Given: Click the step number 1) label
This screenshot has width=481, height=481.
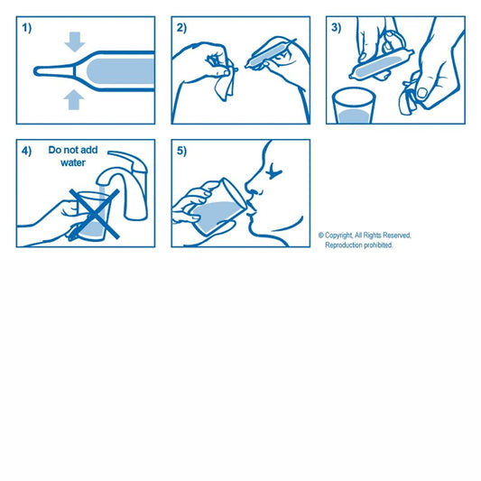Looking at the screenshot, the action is (x=27, y=28).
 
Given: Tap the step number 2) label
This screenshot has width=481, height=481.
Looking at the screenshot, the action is (x=181, y=28).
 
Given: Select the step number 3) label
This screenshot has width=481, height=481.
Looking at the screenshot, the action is (x=337, y=28).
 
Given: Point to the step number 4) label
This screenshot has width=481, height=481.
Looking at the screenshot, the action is (x=27, y=152).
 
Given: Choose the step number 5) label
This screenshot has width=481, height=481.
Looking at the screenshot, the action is (x=181, y=152).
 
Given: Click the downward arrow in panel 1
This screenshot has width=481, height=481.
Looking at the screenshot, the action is (x=75, y=42).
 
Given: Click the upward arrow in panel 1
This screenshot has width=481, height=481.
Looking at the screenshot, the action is (x=74, y=99).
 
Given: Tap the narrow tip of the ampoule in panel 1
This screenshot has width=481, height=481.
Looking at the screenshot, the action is (x=37, y=71).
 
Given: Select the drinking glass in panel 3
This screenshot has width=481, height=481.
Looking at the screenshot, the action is (x=354, y=106).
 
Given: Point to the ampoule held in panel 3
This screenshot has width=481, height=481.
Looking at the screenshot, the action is (x=382, y=64).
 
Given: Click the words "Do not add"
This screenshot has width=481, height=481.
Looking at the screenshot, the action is (x=73, y=150).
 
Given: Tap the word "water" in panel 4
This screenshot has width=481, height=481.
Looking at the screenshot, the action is (x=73, y=162).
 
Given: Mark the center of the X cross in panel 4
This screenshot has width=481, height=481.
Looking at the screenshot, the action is (x=95, y=214).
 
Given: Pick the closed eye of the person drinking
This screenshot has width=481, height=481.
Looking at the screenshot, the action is (x=273, y=171).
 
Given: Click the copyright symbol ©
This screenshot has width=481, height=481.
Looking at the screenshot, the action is (x=321, y=236).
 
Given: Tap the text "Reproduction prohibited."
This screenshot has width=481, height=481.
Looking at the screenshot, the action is (x=359, y=245).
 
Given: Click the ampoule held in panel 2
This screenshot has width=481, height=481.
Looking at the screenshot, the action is (x=270, y=54).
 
